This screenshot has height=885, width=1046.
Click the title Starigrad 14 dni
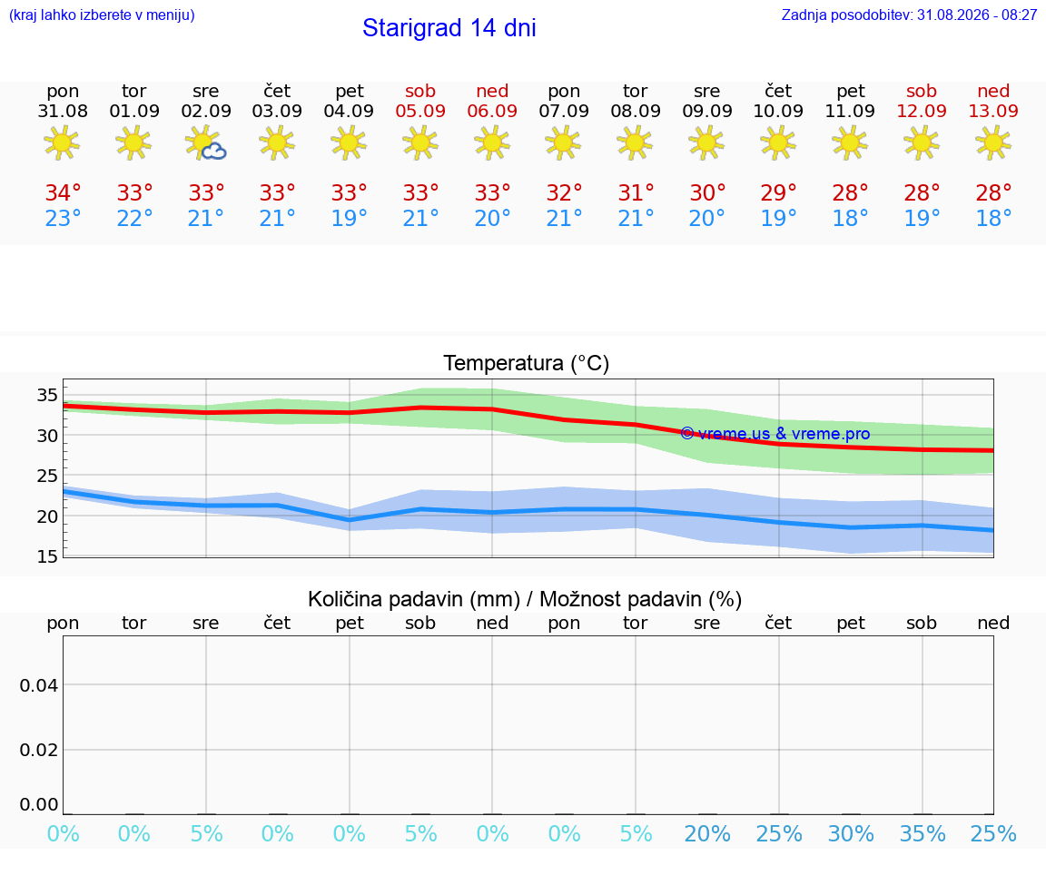pyautogui.click(x=449, y=28)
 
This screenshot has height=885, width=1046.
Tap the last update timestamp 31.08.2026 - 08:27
pyautogui.click(x=977, y=15)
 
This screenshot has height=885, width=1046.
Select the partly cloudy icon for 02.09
pyautogui.click(x=206, y=143)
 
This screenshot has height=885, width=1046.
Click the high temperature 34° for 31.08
pyautogui.click(x=63, y=192)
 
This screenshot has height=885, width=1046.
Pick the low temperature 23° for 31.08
pyautogui.click(x=63, y=218)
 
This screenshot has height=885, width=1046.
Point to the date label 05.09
pyautogui.click(x=420, y=111)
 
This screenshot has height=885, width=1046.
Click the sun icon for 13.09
pyautogui.click(x=993, y=143)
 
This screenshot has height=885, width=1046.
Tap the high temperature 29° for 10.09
pyautogui.click(x=778, y=192)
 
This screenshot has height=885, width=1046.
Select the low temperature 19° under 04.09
pyautogui.click(x=349, y=218)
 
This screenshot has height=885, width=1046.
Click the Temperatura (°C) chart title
pyautogui.click(x=527, y=363)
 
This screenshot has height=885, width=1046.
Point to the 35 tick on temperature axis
pyautogui.click(x=47, y=395)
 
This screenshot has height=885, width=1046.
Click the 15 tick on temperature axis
pyautogui.click(x=47, y=556)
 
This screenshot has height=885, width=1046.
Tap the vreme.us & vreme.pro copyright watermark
pyautogui.click(x=775, y=434)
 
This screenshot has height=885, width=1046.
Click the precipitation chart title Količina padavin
pyautogui.click(x=414, y=599)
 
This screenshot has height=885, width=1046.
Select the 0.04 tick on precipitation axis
pyautogui.click(x=39, y=685)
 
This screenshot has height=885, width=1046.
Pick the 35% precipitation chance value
pyautogui.click(x=923, y=833)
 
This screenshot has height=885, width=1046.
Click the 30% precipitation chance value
pyautogui.click(x=851, y=833)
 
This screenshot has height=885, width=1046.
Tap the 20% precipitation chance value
pyautogui.click(x=707, y=833)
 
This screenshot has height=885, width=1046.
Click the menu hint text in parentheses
pyautogui.click(x=102, y=15)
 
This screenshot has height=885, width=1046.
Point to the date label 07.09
pyautogui.click(x=564, y=111)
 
